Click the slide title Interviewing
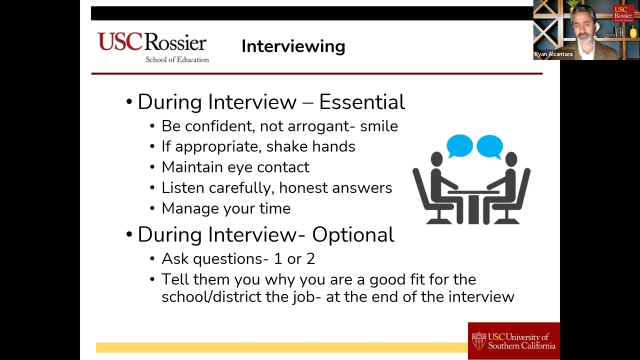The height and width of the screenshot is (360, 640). (x=293, y=46)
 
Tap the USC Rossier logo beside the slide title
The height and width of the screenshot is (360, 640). (x=152, y=47)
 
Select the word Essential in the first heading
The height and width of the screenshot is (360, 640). (x=361, y=102)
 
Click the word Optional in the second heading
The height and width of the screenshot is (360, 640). (x=353, y=234)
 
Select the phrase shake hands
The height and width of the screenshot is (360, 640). (x=310, y=146)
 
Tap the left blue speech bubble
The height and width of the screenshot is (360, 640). (x=459, y=146)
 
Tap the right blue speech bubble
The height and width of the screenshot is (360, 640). (x=489, y=146)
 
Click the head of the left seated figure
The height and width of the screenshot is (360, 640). (x=436, y=159)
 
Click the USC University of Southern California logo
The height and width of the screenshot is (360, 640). (x=513, y=341)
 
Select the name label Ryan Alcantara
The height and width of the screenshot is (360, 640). (x=553, y=54)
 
